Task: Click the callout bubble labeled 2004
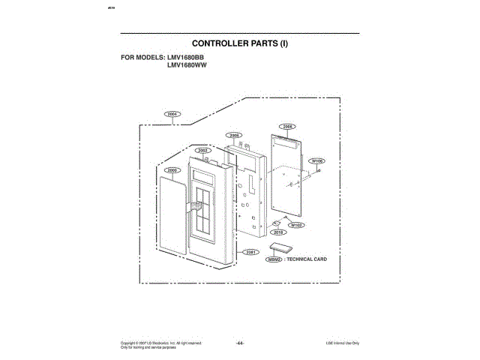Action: pyautogui.click(x=172, y=114)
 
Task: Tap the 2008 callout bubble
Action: pyautogui.click(x=234, y=135)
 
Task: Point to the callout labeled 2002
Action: pyautogui.click(x=202, y=151)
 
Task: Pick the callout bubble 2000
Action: pyautogui.click(x=172, y=170)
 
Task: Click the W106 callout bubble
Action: pyautogui.click(x=317, y=160)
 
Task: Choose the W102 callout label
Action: pyautogui.click(x=296, y=224)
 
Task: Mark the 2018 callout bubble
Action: pyautogui.click(x=278, y=232)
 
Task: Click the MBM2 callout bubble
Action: pyautogui.click(x=275, y=259)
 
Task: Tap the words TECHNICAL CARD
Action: pyautogui.click(x=307, y=259)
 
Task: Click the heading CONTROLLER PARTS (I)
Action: pyautogui.click(x=240, y=43)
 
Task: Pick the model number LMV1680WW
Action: pyautogui.click(x=187, y=65)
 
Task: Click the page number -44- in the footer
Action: pyautogui.click(x=240, y=343)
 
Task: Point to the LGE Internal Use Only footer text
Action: pyautogui.click(x=342, y=343)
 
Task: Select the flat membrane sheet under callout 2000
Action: pyautogui.click(x=171, y=217)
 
